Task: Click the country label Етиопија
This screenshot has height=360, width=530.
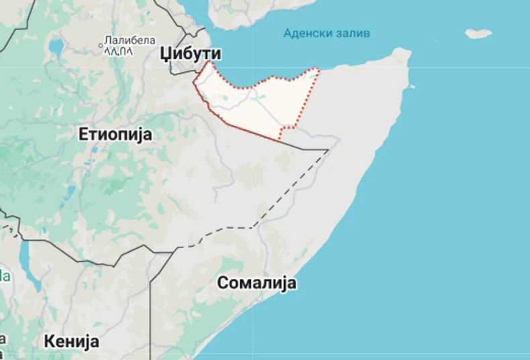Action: pyautogui.click(x=115, y=134)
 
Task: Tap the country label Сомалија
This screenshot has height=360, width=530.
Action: pyautogui.click(x=256, y=283)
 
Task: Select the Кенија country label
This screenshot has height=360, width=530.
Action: pyautogui.click(x=72, y=341)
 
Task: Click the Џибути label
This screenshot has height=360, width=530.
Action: pyautogui.click(x=191, y=54)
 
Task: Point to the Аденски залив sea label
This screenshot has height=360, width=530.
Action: pyautogui.click(x=326, y=33)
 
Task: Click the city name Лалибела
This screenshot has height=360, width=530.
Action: pyautogui.click(x=130, y=40)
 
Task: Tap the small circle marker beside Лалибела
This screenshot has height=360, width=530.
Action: pyautogui.click(x=101, y=46)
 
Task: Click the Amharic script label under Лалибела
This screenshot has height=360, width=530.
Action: pyautogui.click(x=119, y=50)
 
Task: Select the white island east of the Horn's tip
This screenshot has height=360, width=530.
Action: pyautogui.click(x=478, y=33)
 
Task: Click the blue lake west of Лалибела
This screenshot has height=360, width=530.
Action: pyautogui.click(x=56, y=46)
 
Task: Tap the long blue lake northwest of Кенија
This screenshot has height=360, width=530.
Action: pyautogui.click(x=25, y=258)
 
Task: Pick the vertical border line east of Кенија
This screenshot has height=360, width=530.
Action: pyautogui.click(x=150, y=308)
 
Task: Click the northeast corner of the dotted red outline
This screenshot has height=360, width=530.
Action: pyautogui.click(x=317, y=69)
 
